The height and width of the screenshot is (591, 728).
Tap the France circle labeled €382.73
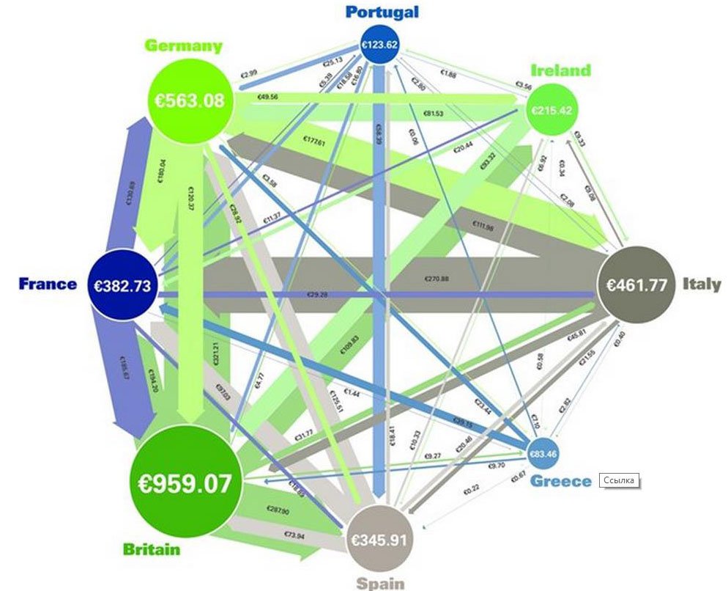point(122,285)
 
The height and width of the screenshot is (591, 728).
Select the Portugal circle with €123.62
point(382,44)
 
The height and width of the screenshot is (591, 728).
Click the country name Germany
point(182,45)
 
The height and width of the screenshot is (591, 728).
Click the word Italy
point(702,285)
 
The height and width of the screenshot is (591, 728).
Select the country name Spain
point(380,584)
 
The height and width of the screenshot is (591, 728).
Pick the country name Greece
point(560,481)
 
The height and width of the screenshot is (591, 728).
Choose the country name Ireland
point(560,70)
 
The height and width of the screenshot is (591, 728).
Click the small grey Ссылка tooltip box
point(619,480)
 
